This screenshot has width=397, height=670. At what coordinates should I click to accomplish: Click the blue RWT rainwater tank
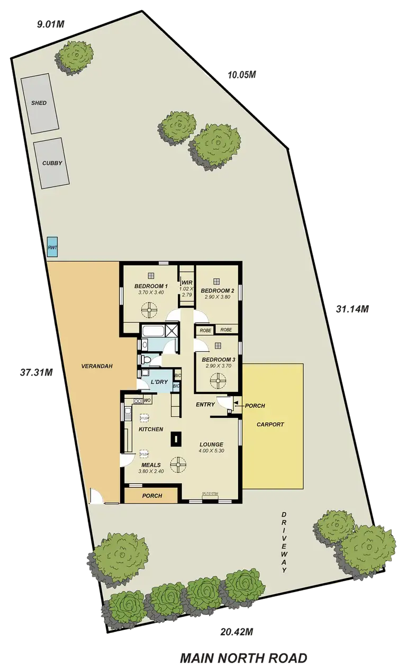click(x=52, y=247)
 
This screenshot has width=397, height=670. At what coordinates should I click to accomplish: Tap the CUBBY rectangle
click(x=51, y=163)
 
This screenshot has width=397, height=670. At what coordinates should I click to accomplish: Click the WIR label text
click(x=186, y=282)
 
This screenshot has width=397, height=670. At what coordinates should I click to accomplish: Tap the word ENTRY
click(x=205, y=405)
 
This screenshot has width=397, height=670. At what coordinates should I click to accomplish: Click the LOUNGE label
click(x=211, y=444)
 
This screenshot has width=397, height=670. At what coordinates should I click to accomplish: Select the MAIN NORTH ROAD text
click(x=243, y=658)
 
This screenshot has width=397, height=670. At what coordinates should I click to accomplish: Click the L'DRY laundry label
click(x=159, y=382)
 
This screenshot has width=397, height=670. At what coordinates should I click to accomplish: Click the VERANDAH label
click(x=98, y=366)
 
